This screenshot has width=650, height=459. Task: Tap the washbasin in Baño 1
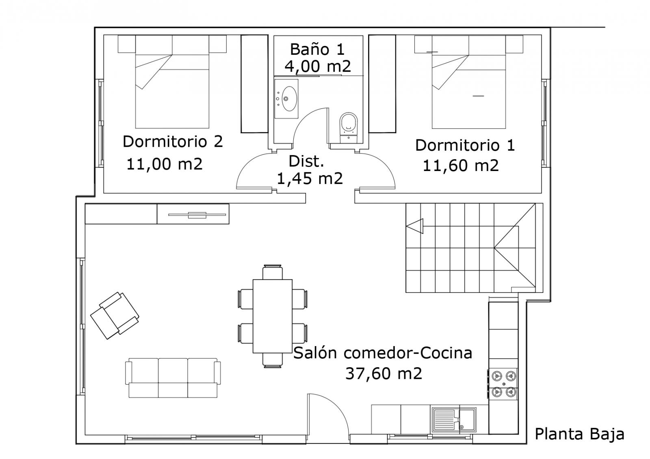pos(286,99)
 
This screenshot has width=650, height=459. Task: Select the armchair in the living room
pos(115,315)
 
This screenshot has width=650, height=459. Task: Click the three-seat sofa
pos(173,378)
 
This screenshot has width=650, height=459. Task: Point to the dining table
pos(273,316)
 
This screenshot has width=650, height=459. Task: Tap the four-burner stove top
pos(503,384)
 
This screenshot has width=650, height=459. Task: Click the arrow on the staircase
pos(415,226)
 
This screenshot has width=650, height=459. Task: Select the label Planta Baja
pos(579,435)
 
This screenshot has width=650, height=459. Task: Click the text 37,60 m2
pos(383,373)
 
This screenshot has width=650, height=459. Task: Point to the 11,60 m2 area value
pos(461,166)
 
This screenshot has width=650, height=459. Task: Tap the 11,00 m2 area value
pos(165,164)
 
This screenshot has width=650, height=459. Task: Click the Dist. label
pos(306,161)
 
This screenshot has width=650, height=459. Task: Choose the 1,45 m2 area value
pos(310,178)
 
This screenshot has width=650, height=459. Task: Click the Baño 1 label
pos(317,49)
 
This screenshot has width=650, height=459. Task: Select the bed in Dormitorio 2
pos(172,82)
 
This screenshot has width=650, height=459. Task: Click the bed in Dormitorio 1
pos(469,82)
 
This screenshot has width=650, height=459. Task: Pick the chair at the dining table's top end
pos(273,272)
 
